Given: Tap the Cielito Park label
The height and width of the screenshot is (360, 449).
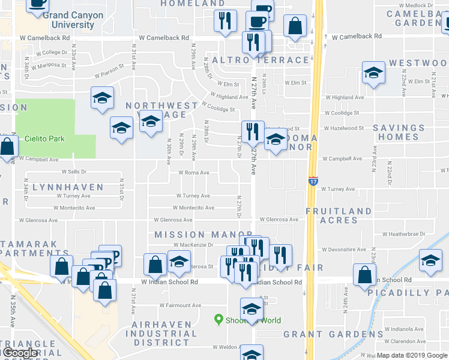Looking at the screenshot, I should [44, 139].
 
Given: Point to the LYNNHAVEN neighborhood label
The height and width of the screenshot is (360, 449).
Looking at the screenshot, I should [68, 187].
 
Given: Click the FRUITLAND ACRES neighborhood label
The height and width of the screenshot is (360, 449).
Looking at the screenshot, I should [339, 216].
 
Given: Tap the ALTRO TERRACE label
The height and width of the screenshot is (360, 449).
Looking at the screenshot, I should [260, 60].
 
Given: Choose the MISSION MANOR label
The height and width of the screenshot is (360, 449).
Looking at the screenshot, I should [203, 234].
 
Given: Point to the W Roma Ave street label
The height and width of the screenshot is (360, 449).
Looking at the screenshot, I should [193, 173].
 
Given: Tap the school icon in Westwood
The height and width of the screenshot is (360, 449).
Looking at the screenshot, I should [373, 74].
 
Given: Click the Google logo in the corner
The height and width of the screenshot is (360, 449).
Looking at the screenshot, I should [19, 353].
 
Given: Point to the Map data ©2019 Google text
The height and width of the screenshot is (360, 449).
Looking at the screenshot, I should [412, 355].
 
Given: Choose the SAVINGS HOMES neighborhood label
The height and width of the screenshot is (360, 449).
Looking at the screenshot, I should [399, 132].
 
